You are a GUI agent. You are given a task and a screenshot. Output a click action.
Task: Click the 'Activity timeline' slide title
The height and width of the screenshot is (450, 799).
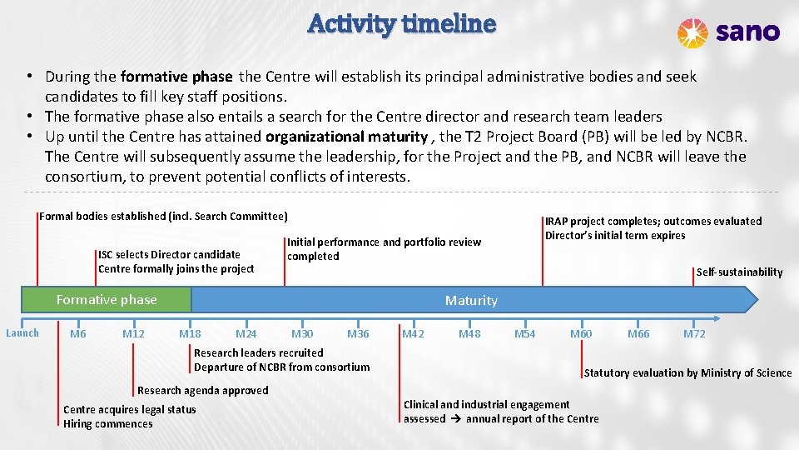pos(401,23)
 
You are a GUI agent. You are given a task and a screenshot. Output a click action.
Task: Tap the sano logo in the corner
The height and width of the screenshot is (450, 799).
pos(728,32)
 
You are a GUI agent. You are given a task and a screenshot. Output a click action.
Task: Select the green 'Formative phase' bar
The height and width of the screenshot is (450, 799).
pos(106,300)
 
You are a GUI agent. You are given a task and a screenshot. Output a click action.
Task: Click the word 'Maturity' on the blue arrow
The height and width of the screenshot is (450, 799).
pos(471,300)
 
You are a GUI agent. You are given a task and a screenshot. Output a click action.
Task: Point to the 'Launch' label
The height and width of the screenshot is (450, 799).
pos(22,333)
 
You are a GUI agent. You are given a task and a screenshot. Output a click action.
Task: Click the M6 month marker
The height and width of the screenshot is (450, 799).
pos(78,334)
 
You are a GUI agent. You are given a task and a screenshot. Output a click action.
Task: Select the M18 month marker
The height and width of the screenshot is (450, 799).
pos(190,334)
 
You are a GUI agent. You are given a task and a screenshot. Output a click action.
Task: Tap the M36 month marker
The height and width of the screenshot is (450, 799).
pos(358,334)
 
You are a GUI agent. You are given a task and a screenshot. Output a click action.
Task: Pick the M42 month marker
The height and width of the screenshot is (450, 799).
pos(413,334)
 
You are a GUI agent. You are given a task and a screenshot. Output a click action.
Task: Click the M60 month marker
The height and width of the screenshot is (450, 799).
pos(581,334)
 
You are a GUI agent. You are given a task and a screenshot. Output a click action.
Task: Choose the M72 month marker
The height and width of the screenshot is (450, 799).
pos(693,334)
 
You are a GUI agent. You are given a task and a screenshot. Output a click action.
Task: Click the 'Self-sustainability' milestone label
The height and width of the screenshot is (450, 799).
pos(739,272)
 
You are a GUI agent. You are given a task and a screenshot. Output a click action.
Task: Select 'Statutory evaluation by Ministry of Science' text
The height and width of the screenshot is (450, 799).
pos(687,372)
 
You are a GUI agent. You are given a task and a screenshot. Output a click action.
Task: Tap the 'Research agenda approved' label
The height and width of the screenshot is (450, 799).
pos(202,390)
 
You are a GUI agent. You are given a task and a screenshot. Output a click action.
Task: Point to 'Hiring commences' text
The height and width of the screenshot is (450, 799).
pos(108,423)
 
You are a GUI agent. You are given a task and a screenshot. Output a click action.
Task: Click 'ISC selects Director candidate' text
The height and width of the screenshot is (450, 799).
pos(169,254)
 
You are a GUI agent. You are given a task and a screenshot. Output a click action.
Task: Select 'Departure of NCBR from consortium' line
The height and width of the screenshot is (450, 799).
pos(281,367)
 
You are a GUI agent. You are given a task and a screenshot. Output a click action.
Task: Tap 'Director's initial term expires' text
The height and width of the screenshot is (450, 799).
pos(615,235)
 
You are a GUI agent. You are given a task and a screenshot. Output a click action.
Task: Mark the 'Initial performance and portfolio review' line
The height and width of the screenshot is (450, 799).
pos(384,242)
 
